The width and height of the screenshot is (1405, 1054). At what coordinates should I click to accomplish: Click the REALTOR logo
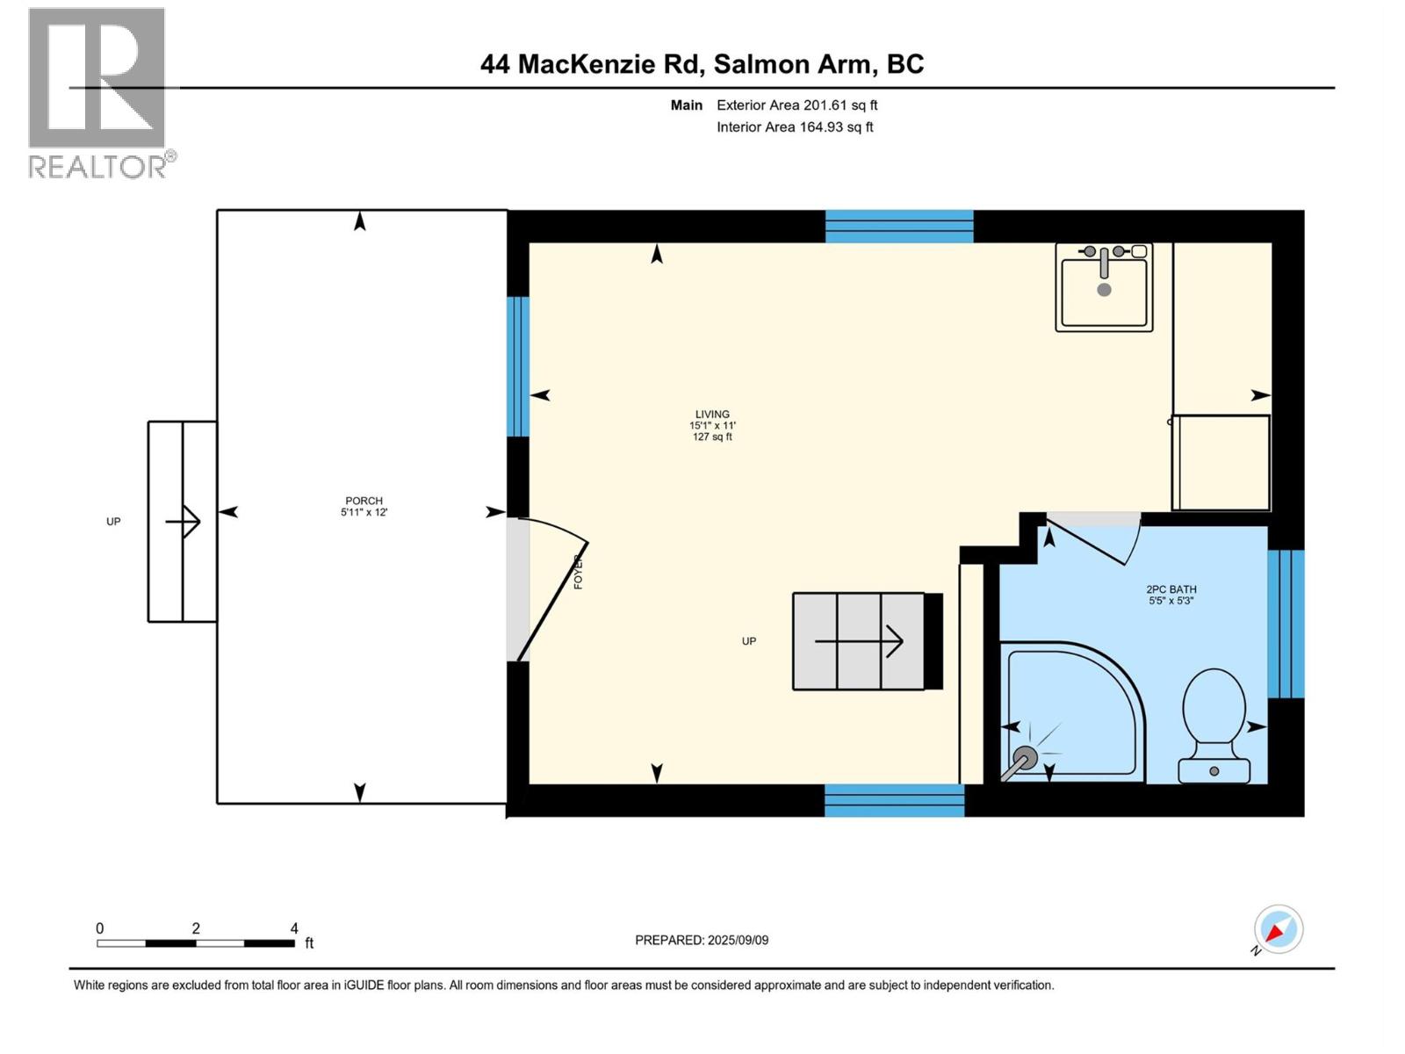coord(97,92)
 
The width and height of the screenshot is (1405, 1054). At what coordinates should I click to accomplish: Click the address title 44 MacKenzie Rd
coord(702,64)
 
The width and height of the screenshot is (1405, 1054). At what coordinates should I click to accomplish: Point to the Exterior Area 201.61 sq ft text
coord(796,105)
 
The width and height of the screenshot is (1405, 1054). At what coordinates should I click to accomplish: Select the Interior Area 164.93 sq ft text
coord(795,127)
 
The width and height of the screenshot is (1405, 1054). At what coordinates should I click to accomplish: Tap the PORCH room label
coord(364,506)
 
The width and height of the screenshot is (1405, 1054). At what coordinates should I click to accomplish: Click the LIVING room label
coord(712,424)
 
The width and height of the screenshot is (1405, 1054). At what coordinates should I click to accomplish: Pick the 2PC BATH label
coord(1171,595)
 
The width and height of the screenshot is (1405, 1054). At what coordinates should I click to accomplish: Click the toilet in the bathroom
coord(1214,725)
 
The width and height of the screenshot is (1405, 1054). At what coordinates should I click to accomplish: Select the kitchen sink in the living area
coord(1104,287)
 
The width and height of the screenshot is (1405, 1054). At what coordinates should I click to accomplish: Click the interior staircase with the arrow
coord(859,641)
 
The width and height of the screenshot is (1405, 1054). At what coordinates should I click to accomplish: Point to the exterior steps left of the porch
coord(182,522)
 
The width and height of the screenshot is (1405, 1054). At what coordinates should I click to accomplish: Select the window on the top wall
coord(899,226)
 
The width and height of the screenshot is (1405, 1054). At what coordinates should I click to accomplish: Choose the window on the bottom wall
coord(894,800)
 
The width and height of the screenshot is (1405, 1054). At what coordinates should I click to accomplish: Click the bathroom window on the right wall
coord(1286,624)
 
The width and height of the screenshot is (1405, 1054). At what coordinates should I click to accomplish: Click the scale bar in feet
coord(196,943)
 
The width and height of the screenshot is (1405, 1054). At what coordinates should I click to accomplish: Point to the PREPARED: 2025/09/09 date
coord(702,940)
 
